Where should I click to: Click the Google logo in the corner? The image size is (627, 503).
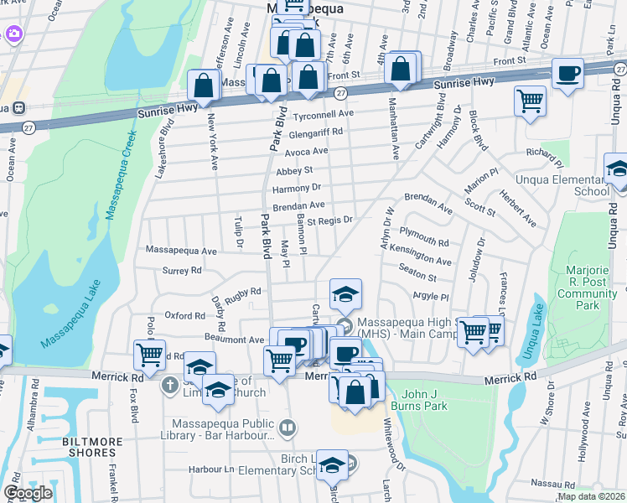28,492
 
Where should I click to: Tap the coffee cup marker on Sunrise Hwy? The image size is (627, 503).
567,74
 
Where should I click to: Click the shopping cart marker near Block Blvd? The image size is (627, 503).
531,101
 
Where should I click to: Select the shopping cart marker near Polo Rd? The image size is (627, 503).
149,354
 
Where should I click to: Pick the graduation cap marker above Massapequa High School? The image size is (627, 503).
345,294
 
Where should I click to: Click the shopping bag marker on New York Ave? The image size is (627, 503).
204,84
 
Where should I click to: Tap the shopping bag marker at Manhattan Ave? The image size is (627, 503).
402,69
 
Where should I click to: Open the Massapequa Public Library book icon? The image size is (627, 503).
287,428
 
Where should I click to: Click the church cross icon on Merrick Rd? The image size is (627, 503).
169,386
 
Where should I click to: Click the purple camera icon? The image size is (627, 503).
13,34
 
